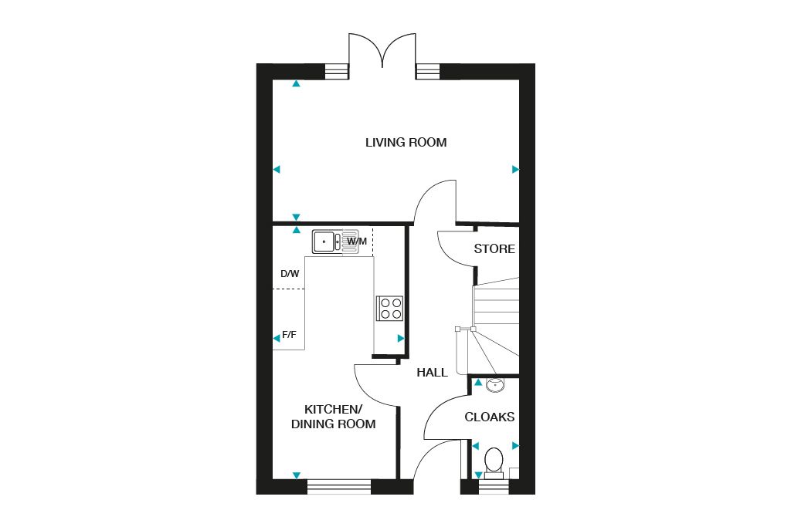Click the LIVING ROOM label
[406, 143]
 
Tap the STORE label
[494, 249]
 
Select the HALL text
[432, 373]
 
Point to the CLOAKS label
[489, 417]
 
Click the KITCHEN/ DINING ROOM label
[333, 417]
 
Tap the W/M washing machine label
[357, 242]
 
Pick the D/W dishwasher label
[290, 274]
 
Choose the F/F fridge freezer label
[290, 335]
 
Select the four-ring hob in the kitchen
[389, 308]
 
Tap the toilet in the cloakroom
[493, 461]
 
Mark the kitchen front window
[339, 486]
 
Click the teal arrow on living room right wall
[515, 169]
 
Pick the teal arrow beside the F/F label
[277, 338]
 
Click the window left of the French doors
[336, 71]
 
